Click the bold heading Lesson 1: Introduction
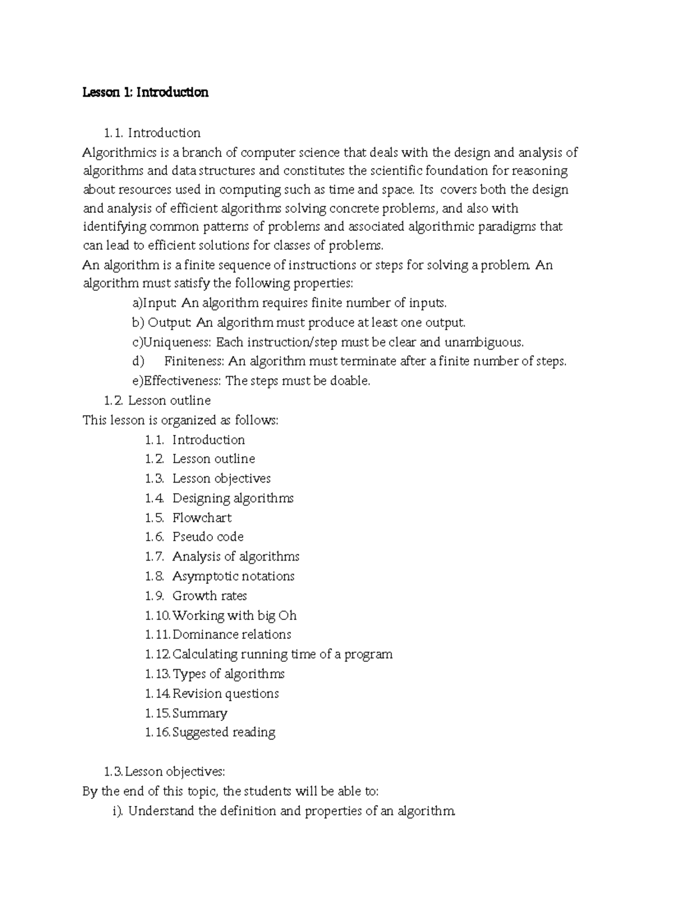tap(145, 92)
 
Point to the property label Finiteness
tap(194, 361)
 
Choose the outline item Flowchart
tap(202, 518)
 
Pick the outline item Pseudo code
tap(208, 537)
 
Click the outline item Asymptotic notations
tap(233, 576)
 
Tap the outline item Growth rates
tap(209, 596)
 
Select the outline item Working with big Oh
tap(234, 615)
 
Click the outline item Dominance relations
tap(232, 634)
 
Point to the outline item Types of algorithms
tap(229, 674)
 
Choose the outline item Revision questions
tap(226, 694)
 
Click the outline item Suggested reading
tap(224, 733)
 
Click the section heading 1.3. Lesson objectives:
tap(164, 772)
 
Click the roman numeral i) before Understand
tap(118, 811)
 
